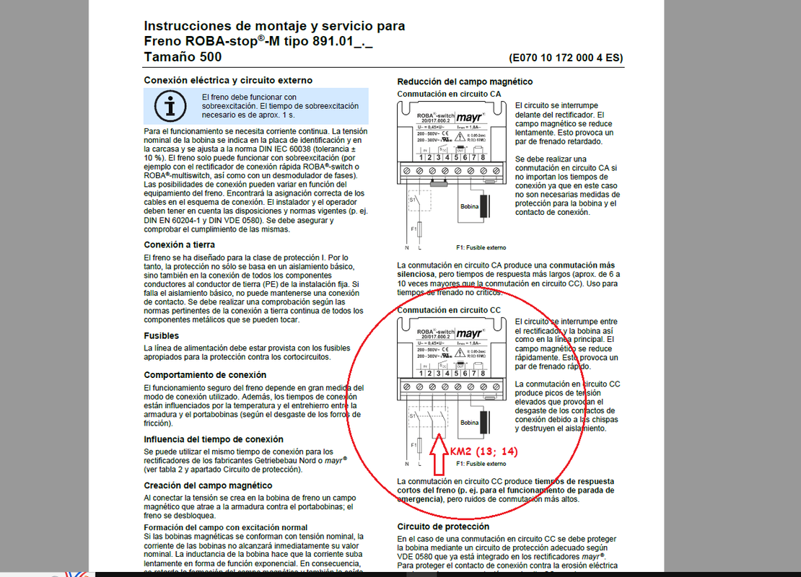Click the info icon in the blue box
point(170,106)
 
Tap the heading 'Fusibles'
point(161,335)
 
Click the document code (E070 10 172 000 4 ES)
point(566,58)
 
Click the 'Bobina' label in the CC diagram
point(469,423)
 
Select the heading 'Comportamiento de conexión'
point(205,375)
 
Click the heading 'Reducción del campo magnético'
point(465,82)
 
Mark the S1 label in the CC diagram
point(411,415)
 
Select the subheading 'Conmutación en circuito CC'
point(449,310)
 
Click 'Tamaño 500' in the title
point(183,57)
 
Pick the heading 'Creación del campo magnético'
point(208,485)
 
